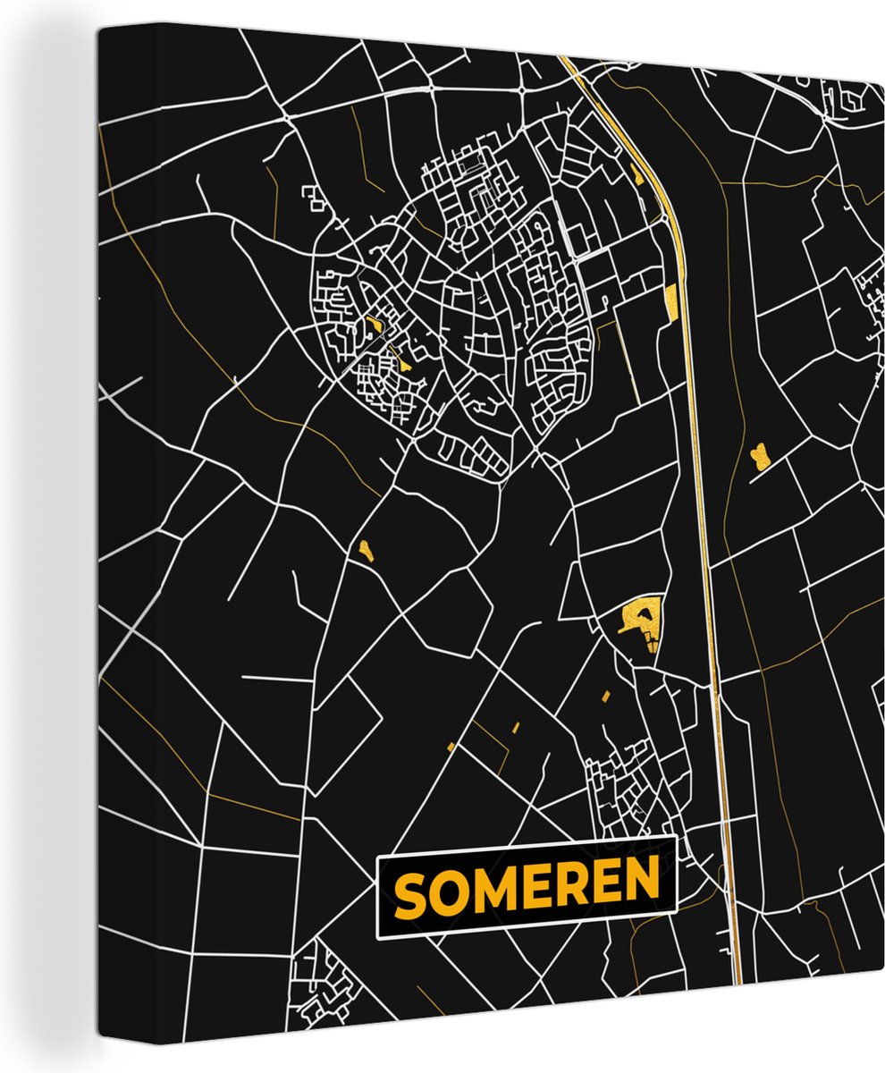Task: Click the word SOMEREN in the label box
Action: pyautogui.click(x=527, y=887)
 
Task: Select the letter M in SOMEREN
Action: pyautogui.click(x=494, y=889)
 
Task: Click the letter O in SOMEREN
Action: pyautogui.click(x=450, y=892)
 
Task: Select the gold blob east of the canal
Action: pyautogui.click(x=760, y=456)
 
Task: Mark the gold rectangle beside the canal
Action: pyautogui.click(x=671, y=302)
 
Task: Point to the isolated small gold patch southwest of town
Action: pyautogui.click(x=365, y=548)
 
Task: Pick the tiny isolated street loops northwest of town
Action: pyautogui.click(x=314, y=199)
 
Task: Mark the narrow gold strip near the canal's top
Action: pyautogui.click(x=637, y=174)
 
